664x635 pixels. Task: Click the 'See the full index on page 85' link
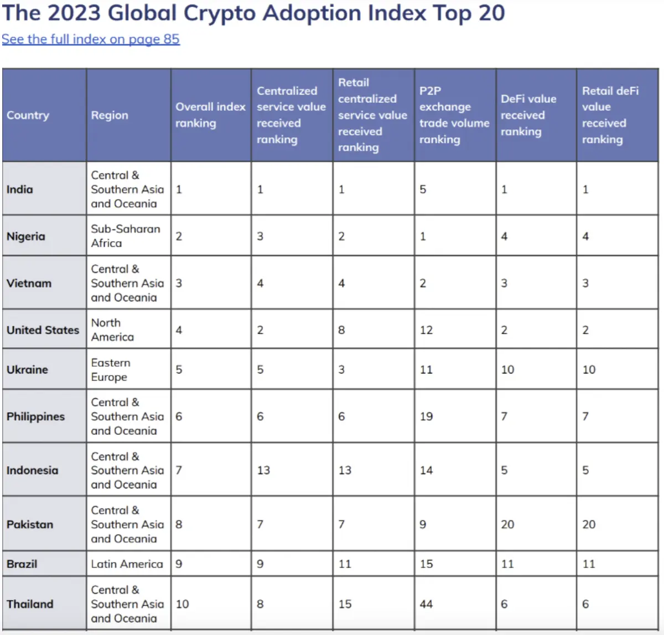click(x=91, y=39)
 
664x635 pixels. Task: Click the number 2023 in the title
click(x=74, y=13)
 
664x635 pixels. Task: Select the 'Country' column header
click(x=28, y=115)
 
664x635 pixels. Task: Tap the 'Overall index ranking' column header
click(x=210, y=115)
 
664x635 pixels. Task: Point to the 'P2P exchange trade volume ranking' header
click(x=454, y=115)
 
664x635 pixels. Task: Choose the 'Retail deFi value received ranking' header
click(x=610, y=115)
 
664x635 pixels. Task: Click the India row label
click(x=20, y=189)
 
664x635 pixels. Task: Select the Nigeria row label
click(x=26, y=236)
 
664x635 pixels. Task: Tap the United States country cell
click(x=43, y=330)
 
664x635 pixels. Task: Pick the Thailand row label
click(x=30, y=604)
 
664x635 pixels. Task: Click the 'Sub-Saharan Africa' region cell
click(x=126, y=236)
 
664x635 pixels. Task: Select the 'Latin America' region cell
click(x=127, y=564)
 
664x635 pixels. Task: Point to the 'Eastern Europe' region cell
click(x=111, y=369)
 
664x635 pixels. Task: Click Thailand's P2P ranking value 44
click(x=427, y=604)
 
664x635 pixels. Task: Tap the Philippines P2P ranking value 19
click(x=427, y=417)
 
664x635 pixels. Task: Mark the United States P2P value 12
click(x=427, y=330)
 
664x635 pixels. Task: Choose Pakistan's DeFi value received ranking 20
click(x=508, y=524)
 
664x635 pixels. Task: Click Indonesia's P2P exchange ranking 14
click(x=427, y=470)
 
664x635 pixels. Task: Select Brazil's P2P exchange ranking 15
click(x=427, y=564)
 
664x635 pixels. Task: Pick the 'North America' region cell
click(x=112, y=330)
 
